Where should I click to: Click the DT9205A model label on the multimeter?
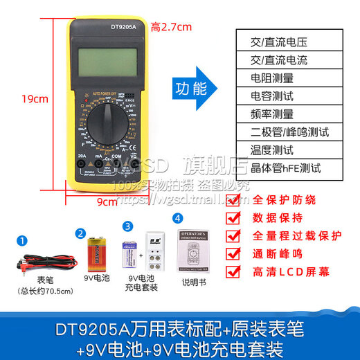click(x=105, y=28)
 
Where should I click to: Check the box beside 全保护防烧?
click(x=234, y=200)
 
